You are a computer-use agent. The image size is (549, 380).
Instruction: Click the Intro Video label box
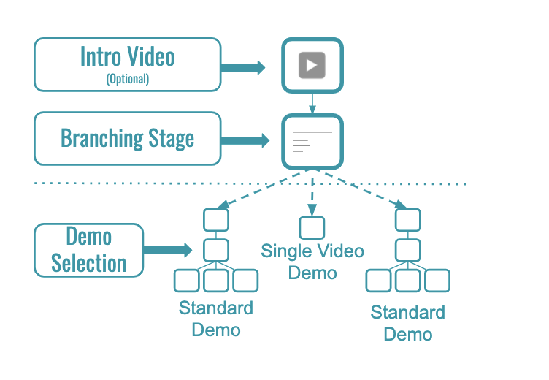pos(128,65)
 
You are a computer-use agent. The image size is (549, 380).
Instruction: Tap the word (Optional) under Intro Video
pos(128,79)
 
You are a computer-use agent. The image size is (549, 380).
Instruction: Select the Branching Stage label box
pos(128,138)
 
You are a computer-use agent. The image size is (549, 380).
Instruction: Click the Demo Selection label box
pos(89,250)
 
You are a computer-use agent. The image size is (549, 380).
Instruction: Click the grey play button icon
pos(312,66)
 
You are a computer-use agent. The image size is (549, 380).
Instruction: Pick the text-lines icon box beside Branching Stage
pos(312,141)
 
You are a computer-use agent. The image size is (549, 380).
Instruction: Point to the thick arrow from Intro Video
pos(245,67)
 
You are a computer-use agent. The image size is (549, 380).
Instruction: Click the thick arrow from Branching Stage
pos(245,140)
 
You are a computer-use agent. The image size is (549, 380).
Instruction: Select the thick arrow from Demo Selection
pos(166,250)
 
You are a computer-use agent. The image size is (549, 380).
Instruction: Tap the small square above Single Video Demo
pos(312,227)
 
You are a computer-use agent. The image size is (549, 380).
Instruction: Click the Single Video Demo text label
pos(312,262)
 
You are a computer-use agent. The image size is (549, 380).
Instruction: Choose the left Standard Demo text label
pos(216,319)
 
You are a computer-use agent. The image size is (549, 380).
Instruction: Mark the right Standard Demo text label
pos(408,324)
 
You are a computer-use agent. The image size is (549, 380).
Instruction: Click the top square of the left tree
pos(216,219)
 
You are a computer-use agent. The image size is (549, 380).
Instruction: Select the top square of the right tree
pos(408,219)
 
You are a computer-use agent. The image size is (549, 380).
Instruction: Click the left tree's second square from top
pos(216,250)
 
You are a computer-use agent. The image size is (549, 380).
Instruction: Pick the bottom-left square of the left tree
pos(187,280)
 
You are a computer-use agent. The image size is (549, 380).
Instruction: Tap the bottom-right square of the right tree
pos(437,280)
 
